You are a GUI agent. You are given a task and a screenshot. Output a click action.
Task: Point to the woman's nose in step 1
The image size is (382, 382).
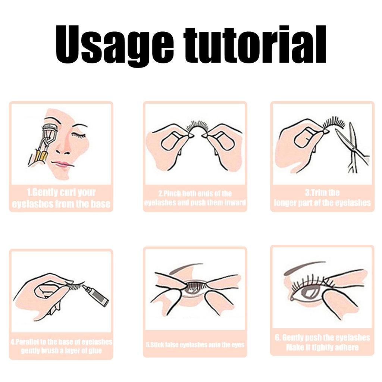click(x=63, y=147)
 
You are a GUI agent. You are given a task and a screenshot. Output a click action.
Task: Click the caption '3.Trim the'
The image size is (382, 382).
click(x=322, y=193)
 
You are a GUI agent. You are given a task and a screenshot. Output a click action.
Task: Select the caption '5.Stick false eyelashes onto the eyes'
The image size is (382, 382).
click(x=195, y=345)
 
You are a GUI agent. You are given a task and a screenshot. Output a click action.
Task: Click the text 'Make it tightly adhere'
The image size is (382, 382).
click(x=322, y=348)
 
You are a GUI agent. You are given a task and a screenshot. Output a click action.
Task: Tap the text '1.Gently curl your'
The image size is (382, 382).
click(x=61, y=193)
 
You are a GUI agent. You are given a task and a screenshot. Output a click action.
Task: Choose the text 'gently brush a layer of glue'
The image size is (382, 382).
click(x=61, y=351)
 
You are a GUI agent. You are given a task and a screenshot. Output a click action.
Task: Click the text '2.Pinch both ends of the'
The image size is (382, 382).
click(x=195, y=193)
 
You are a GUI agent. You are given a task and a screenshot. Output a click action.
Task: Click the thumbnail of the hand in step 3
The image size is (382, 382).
click(x=303, y=139)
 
